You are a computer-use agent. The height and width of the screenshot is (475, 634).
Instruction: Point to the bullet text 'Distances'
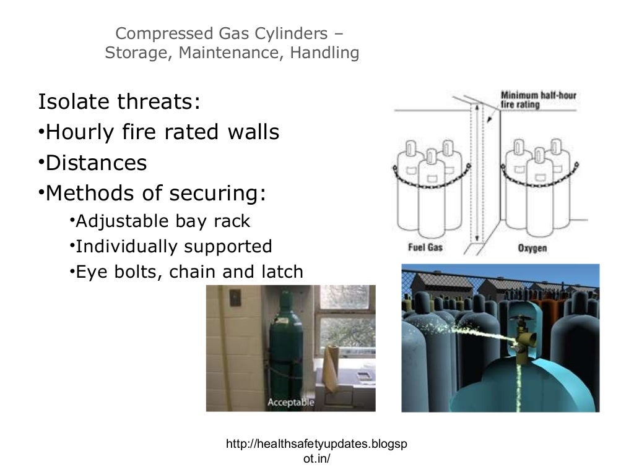pos(96,163)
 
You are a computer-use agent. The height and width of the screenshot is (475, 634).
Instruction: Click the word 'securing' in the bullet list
pos(220,194)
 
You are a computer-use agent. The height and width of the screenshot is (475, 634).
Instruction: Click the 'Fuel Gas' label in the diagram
pos(425,248)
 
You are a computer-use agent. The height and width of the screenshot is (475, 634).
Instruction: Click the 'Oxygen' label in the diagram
pos(532,248)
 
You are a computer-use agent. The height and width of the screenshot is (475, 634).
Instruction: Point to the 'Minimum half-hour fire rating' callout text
pos(537,100)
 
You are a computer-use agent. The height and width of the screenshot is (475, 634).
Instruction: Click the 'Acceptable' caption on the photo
pos(290,403)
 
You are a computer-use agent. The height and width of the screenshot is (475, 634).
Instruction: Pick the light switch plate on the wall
pos(234,299)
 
